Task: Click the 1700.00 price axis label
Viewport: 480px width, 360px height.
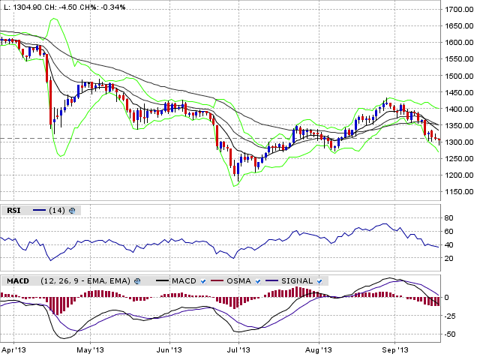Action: tap(459, 10)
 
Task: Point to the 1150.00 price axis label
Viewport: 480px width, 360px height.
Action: tap(459, 193)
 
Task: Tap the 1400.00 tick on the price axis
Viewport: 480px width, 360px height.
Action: tap(459, 109)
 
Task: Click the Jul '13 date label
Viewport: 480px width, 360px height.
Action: tap(238, 349)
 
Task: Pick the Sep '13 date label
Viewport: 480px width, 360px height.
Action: tap(394, 349)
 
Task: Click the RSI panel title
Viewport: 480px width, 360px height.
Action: tap(13, 211)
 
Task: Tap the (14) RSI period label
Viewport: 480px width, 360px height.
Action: tap(56, 211)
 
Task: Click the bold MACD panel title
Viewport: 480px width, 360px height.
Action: tap(17, 280)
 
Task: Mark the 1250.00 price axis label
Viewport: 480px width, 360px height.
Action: tap(459, 160)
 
